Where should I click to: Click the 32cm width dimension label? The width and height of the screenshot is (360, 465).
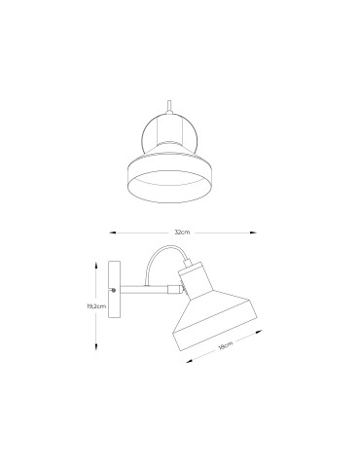181,233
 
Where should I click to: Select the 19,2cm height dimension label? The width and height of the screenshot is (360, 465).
95,305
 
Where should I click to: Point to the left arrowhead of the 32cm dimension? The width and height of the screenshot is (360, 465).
109,233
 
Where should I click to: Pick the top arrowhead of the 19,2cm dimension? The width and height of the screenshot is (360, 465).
96,263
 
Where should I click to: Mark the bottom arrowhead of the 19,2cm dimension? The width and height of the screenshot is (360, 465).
96,348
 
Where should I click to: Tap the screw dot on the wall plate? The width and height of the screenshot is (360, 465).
115,290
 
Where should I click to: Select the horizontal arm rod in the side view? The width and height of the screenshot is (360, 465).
146,289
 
